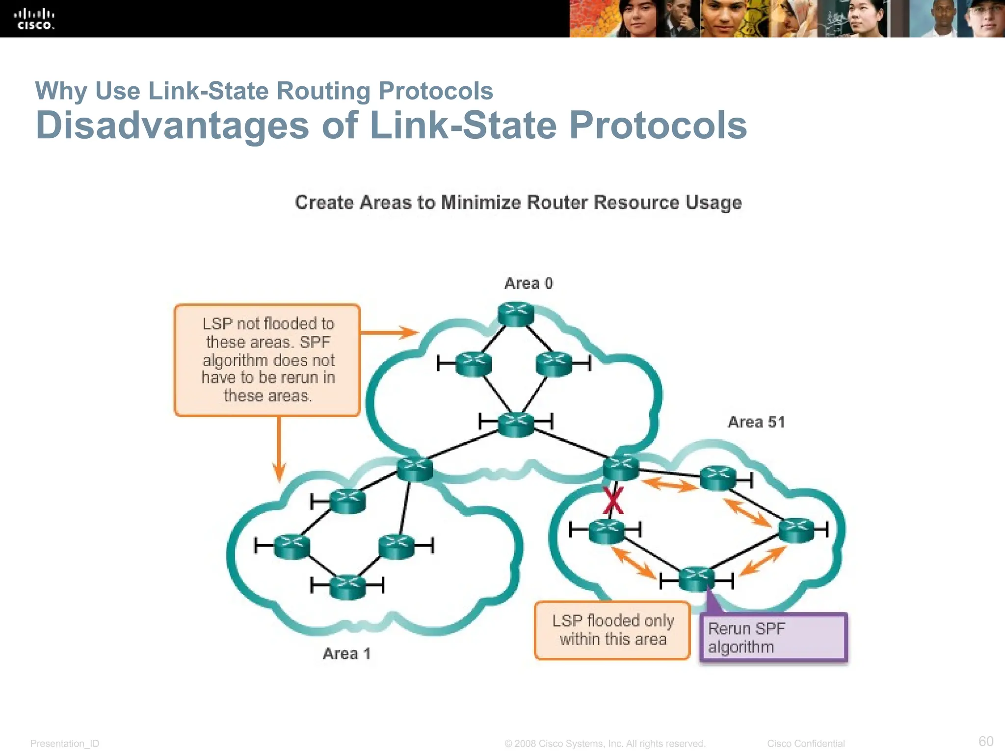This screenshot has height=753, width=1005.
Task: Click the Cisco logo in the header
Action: [x=34, y=19]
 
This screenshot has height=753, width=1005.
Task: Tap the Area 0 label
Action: [x=529, y=283]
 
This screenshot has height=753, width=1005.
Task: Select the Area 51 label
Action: [x=756, y=422]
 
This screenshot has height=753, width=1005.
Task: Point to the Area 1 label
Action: [x=346, y=653]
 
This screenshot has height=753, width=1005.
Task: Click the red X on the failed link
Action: [x=613, y=501]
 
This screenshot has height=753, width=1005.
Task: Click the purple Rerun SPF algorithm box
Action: [x=773, y=637]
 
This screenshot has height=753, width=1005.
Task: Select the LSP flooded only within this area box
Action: [x=612, y=630]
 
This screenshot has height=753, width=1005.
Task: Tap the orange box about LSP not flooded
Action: [x=267, y=360]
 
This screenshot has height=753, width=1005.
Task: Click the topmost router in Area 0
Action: [x=516, y=314]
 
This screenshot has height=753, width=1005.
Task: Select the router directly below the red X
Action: [x=607, y=531]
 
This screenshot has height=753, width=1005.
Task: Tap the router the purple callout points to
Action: [x=696, y=578]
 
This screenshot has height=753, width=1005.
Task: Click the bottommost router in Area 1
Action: [x=347, y=586]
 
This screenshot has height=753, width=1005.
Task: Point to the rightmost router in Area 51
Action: [x=796, y=530]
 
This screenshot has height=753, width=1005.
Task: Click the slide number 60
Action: [x=985, y=741]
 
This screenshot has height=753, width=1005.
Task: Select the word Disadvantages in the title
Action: [x=172, y=125]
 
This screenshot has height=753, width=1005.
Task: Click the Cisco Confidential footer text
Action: [x=806, y=744]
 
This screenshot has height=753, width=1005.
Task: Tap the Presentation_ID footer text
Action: [x=65, y=744]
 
